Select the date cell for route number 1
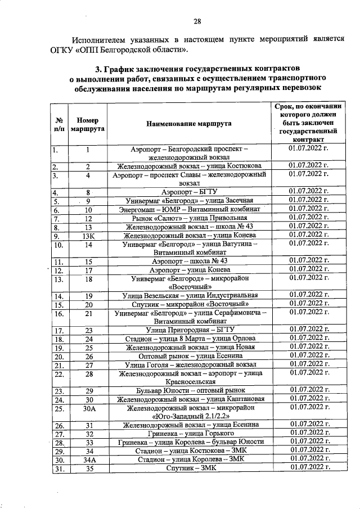pyautogui.click(x=307, y=148)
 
